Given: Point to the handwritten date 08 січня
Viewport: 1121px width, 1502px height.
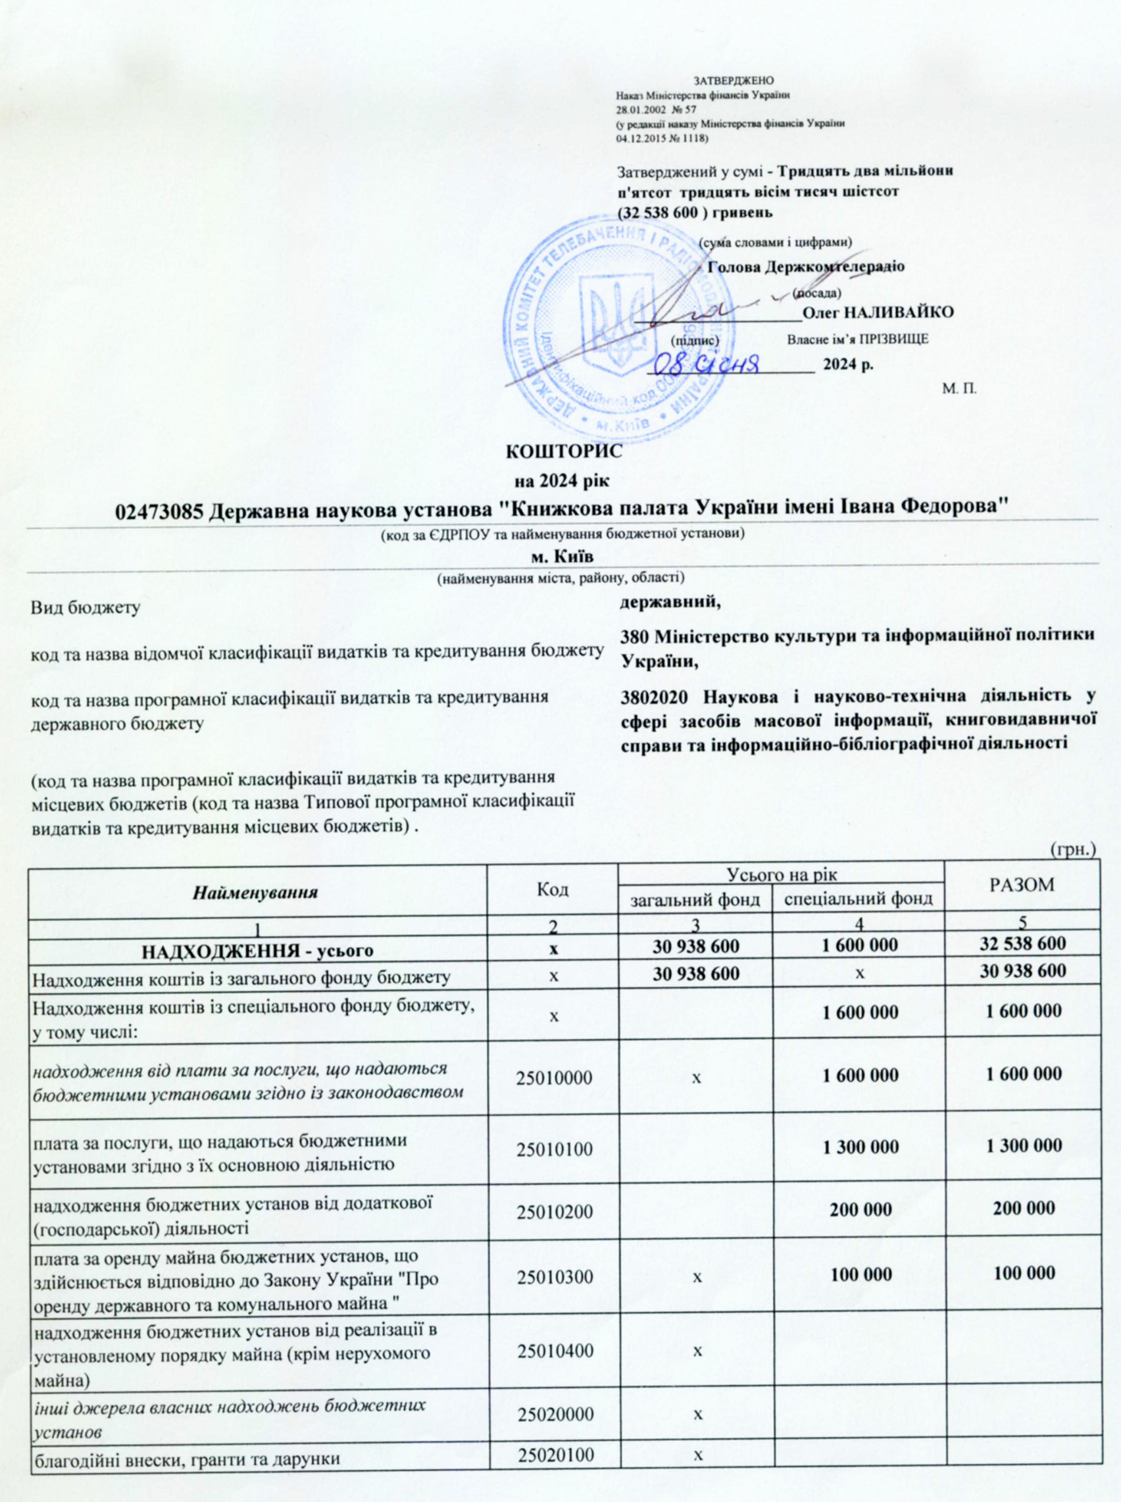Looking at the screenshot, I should [x=719, y=364].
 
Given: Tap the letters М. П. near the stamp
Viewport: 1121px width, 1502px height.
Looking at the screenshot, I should [x=959, y=388].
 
